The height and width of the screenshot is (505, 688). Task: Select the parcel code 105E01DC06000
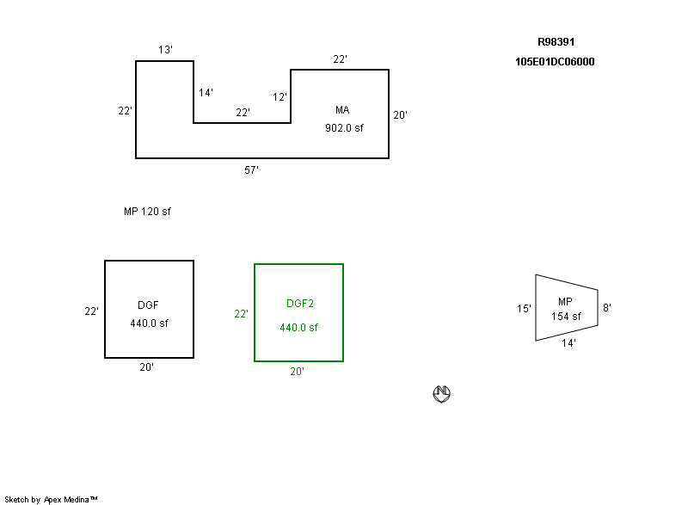tap(555, 62)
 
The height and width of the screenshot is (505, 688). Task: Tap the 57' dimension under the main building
tap(251, 170)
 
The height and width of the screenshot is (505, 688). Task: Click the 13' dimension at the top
tap(165, 50)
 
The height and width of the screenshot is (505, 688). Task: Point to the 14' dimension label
tap(206, 93)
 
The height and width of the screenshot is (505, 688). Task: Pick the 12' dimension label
tap(279, 97)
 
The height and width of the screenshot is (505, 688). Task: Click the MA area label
tap(342, 110)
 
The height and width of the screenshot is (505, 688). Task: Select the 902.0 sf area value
tap(344, 128)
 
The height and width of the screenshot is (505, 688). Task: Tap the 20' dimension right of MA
tap(400, 115)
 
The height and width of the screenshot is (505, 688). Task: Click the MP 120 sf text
tap(147, 212)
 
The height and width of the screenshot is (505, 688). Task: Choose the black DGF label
tap(148, 305)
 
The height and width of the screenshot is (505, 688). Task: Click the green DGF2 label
tap(299, 304)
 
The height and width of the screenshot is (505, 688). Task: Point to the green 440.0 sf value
tap(298, 328)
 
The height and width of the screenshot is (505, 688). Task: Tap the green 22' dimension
tap(241, 314)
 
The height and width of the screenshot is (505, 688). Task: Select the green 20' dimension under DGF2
tap(297, 372)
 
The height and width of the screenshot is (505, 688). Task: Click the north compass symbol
tap(441, 393)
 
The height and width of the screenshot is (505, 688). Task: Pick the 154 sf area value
tap(566, 317)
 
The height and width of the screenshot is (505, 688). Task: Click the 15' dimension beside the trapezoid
tap(524, 309)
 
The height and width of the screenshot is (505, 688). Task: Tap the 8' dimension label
tap(607, 307)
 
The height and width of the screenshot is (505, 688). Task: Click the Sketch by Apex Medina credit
tap(51, 499)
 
